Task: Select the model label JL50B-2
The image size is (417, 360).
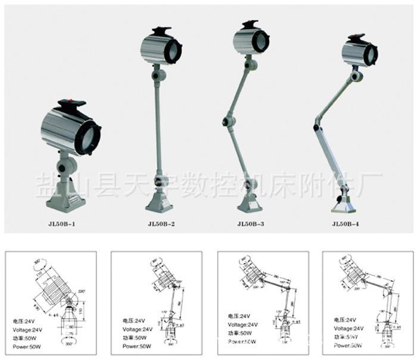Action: (160, 224)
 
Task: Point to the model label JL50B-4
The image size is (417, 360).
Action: (345, 224)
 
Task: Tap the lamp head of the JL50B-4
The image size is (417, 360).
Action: (359, 53)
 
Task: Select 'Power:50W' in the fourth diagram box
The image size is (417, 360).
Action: (348, 345)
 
